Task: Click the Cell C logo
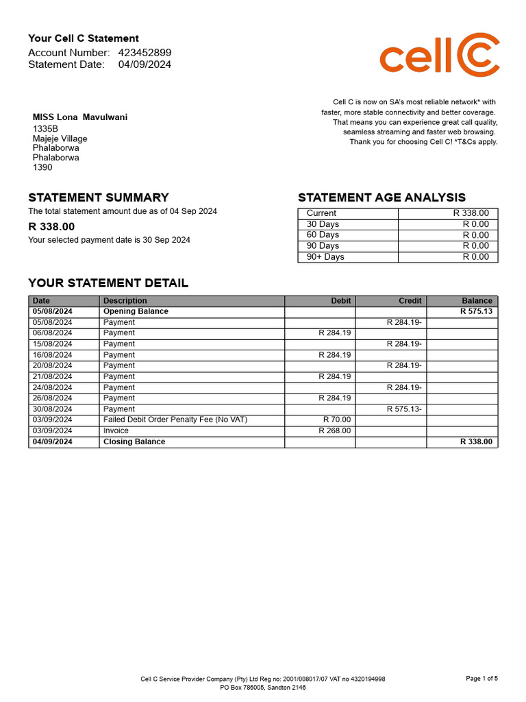point(439,54)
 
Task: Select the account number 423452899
point(145,53)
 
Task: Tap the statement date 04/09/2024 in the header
point(145,64)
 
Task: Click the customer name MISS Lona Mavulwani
point(80,117)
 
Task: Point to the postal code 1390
point(42,167)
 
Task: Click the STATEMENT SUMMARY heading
point(98,197)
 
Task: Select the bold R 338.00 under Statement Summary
point(51,226)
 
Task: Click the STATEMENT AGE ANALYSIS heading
point(381,197)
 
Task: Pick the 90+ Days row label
point(325,257)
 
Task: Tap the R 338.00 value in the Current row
point(471,213)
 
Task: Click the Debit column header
point(340,300)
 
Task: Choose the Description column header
point(125,300)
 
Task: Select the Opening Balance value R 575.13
point(475,311)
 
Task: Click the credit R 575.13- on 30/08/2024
point(404,409)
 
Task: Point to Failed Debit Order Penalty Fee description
point(175,420)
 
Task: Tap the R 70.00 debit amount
point(336,420)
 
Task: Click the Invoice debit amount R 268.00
point(334,431)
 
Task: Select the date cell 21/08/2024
point(52,376)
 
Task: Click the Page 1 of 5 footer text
point(481,678)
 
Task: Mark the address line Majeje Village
point(60,138)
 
